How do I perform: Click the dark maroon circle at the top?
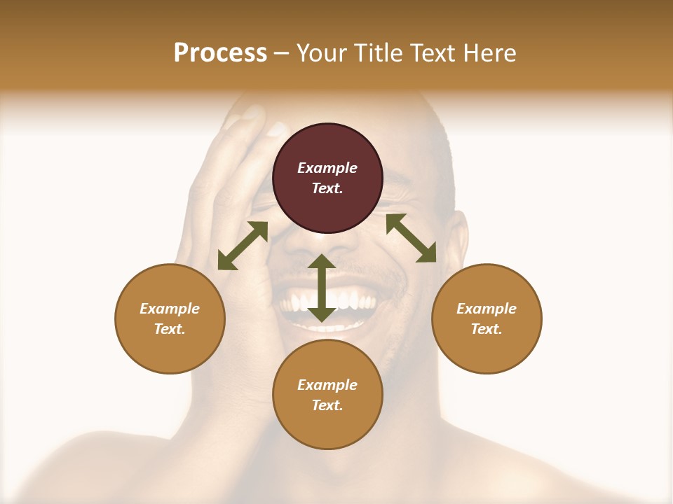(x=327, y=178)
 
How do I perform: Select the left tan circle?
(x=170, y=318)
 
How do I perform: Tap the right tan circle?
(x=487, y=318)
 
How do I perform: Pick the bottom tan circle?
(x=327, y=395)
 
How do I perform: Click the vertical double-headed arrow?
(x=322, y=288)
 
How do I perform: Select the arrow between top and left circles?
(x=243, y=246)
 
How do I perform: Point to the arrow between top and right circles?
(x=411, y=238)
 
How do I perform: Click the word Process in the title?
(x=220, y=52)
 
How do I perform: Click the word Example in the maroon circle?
(x=327, y=168)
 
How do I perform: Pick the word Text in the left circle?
(x=170, y=329)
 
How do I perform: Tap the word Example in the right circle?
(x=487, y=309)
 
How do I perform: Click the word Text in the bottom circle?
(x=327, y=405)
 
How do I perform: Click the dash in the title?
(x=282, y=53)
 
